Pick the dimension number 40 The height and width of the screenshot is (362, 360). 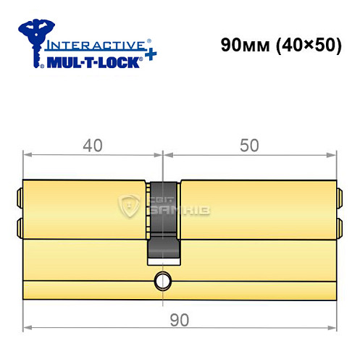[92, 146]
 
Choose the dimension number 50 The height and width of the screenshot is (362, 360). [249, 146]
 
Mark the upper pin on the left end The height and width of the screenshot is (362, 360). [19, 195]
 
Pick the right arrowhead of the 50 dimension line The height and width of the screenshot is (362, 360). [332, 154]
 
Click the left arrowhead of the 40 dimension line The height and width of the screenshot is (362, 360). [28, 154]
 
